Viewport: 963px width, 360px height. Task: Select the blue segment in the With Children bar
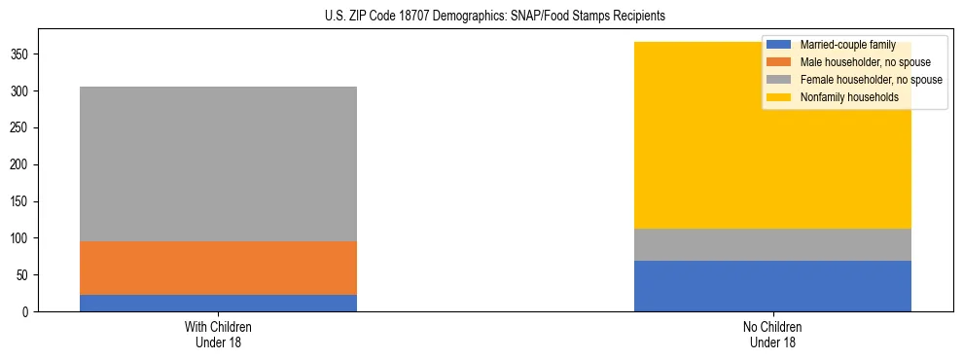tap(218, 303)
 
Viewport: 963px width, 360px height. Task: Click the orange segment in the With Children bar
tap(218, 268)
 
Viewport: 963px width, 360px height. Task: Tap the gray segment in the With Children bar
tap(218, 163)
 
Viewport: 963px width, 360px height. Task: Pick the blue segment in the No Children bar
tap(772, 286)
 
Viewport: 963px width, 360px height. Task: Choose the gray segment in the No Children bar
tap(772, 244)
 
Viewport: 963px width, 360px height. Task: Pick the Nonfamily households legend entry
tap(842, 97)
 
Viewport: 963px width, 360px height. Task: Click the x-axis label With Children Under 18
tap(218, 335)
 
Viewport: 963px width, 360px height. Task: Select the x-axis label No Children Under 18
tap(772, 335)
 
